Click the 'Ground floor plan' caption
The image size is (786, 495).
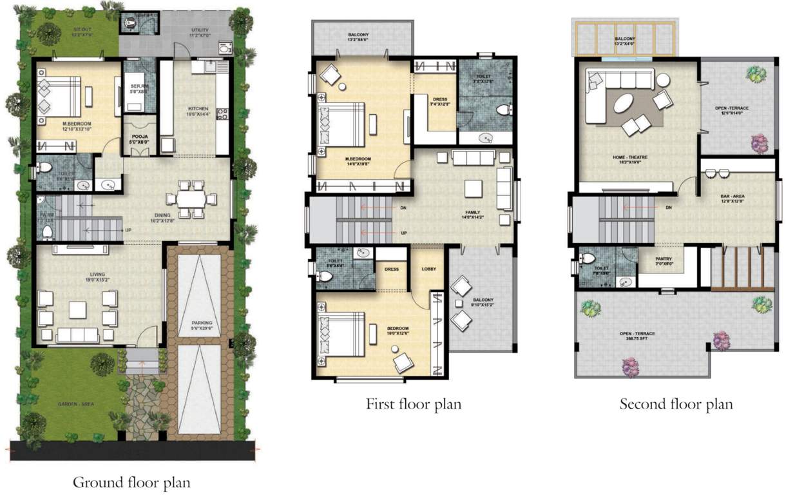(131, 481)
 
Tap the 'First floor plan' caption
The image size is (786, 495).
(414, 404)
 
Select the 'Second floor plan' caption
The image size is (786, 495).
(676, 404)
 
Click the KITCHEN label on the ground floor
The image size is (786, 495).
(198, 108)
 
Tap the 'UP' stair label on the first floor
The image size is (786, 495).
(404, 233)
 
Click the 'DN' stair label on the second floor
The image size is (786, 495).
(669, 208)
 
